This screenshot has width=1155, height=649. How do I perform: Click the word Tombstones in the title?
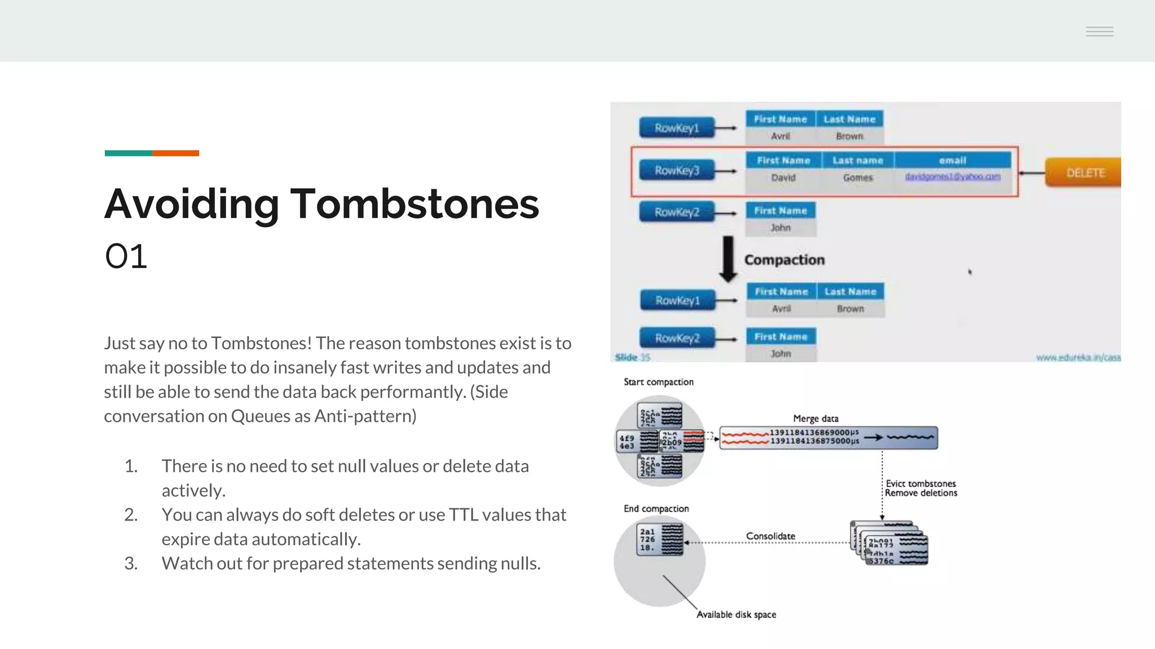[x=414, y=204]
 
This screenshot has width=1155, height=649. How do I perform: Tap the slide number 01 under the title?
[x=126, y=257]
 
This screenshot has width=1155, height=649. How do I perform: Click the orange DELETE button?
[x=1085, y=172]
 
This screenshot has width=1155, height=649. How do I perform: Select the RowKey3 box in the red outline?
[x=676, y=170]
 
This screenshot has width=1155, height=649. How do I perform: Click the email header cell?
[x=952, y=161]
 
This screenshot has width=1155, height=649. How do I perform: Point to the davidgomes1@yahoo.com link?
[x=952, y=177]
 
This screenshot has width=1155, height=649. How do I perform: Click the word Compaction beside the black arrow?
[x=784, y=260]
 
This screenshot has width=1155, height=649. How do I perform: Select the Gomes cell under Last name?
[x=857, y=177]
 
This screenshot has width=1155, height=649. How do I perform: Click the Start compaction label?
[x=658, y=382]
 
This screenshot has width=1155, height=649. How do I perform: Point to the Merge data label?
[x=815, y=419]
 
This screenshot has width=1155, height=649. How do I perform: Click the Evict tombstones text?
[x=920, y=483]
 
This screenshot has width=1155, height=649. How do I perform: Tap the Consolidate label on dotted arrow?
[x=770, y=536]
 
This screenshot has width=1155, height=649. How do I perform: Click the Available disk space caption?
[x=736, y=615]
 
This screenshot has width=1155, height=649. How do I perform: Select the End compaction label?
[x=656, y=509]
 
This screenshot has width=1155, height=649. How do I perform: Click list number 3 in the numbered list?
[x=131, y=563]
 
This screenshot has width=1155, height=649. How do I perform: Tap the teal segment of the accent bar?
[x=128, y=153]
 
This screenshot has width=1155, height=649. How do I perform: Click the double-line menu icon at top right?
[x=1099, y=32]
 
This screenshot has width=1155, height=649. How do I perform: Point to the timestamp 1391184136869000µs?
[x=814, y=433]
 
